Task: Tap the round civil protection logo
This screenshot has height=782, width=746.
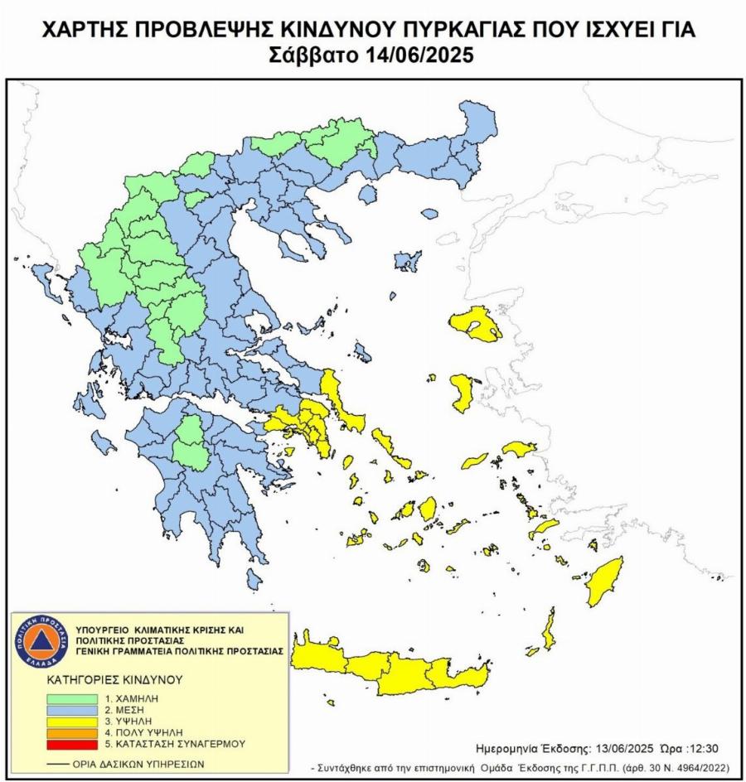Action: click(41, 641)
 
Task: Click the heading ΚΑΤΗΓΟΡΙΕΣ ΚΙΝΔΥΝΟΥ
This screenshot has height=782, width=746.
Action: click(114, 679)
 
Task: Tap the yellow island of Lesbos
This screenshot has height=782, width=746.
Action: click(476, 324)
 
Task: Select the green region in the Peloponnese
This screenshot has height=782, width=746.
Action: click(192, 441)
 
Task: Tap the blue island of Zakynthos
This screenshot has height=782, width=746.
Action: click(104, 442)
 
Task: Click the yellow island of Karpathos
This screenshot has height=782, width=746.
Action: click(548, 630)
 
